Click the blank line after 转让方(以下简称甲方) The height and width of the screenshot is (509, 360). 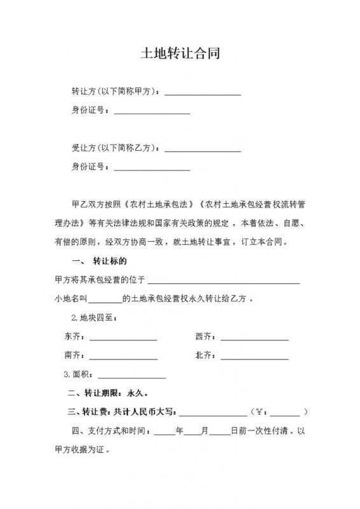pyautogui.click(x=203, y=93)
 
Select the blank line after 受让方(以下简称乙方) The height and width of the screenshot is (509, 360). pyautogui.click(x=203, y=150)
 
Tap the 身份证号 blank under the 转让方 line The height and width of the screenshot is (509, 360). pyautogui.click(x=152, y=112)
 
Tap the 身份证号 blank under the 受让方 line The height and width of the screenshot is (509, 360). pyautogui.click(x=152, y=169)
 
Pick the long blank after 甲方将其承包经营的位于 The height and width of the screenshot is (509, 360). pyautogui.click(x=224, y=280)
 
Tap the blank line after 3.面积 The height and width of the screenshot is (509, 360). pyautogui.click(x=132, y=375)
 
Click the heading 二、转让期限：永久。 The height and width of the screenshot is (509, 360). pyautogui.click(x=104, y=394)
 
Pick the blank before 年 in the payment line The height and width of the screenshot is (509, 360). pyautogui.click(x=165, y=432)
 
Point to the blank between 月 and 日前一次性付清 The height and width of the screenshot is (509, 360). pyautogui.click(x=219, y=432)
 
